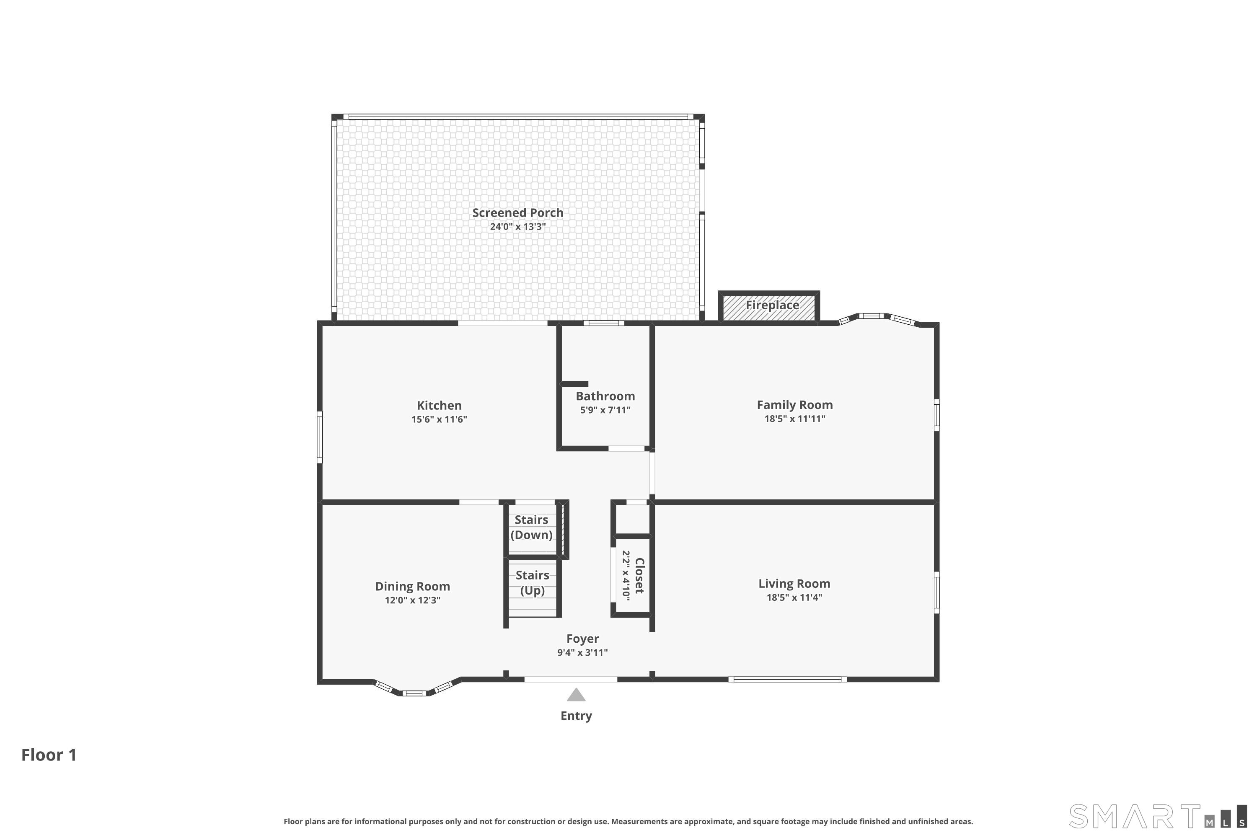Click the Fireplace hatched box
click(x=768, y=306)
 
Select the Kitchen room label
click(x=439, y=406)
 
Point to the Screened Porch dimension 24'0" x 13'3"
click(x=517, y=227)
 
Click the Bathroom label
click(x=605, y=396)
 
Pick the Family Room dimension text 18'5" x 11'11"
click(x=795, y=419)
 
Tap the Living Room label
click(x=794, y=584)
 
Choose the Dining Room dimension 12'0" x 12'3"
click(x=413, y=600)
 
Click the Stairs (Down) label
click(x=531, y=527)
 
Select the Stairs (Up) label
click(x=532, y=582)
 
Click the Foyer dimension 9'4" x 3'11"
click(x=582, y=652)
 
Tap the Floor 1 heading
click(x=49, y=755)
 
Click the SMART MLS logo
click(x=1158, y=816)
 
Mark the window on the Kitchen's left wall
click(x=320, y=437)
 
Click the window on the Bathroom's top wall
click(x=603, y=323)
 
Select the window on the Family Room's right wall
click(x=936, y=415)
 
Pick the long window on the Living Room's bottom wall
click(x=787, y=679)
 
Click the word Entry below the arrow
click(x=576, y=716)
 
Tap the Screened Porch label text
click(x=517, y=213)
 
